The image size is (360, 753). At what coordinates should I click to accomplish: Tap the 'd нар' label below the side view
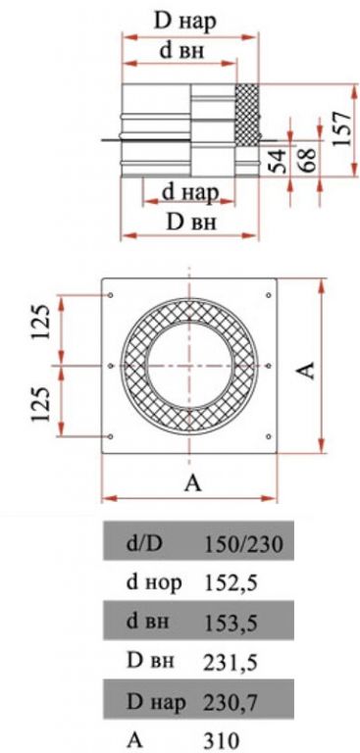coord(191,192)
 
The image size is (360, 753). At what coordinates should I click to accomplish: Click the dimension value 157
coord(343,129)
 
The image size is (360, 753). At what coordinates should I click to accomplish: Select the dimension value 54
coord(278,160)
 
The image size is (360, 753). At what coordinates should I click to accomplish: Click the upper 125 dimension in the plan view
coord(41,322)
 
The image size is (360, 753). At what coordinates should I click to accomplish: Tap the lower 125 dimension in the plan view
coord(41,404)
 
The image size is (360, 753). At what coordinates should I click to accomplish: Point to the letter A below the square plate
coord(192,484)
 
